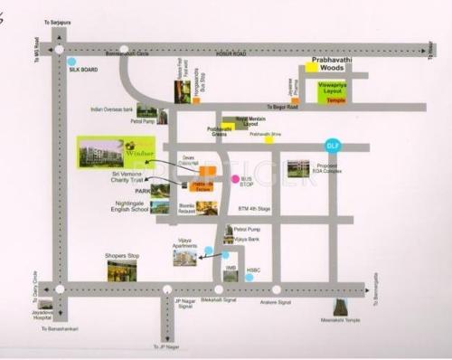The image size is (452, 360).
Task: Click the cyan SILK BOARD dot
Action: (x=71, y=62)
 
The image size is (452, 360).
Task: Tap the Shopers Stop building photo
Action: (x=121, y=270)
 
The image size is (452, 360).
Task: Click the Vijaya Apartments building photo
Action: (x=185, y=258)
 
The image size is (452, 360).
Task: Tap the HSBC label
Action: (x=254, y=270)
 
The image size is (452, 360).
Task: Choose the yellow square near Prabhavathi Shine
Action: (x=268, y=139)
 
